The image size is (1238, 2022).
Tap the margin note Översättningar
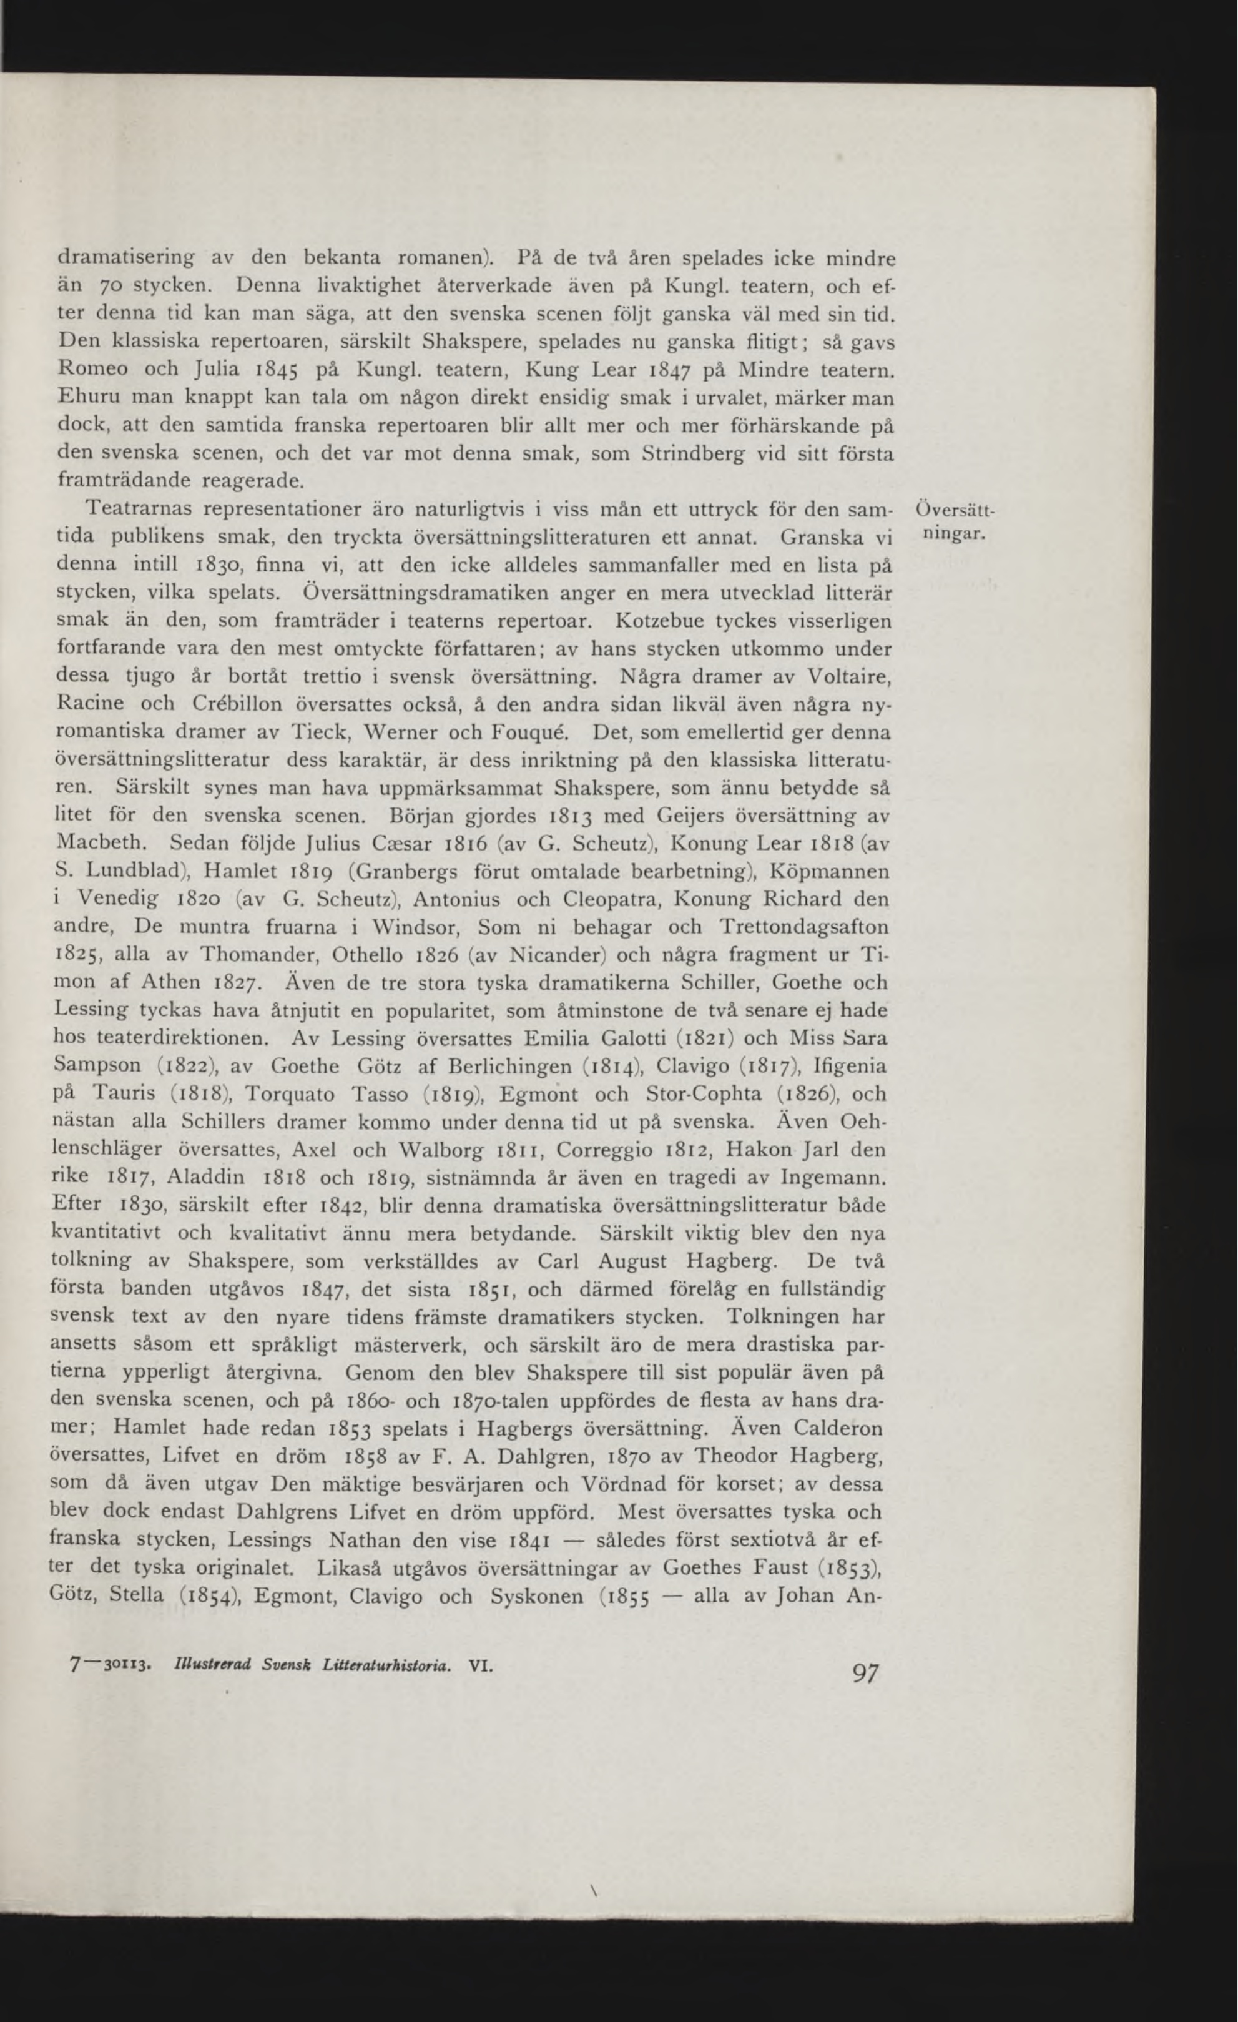pos(954,523)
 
